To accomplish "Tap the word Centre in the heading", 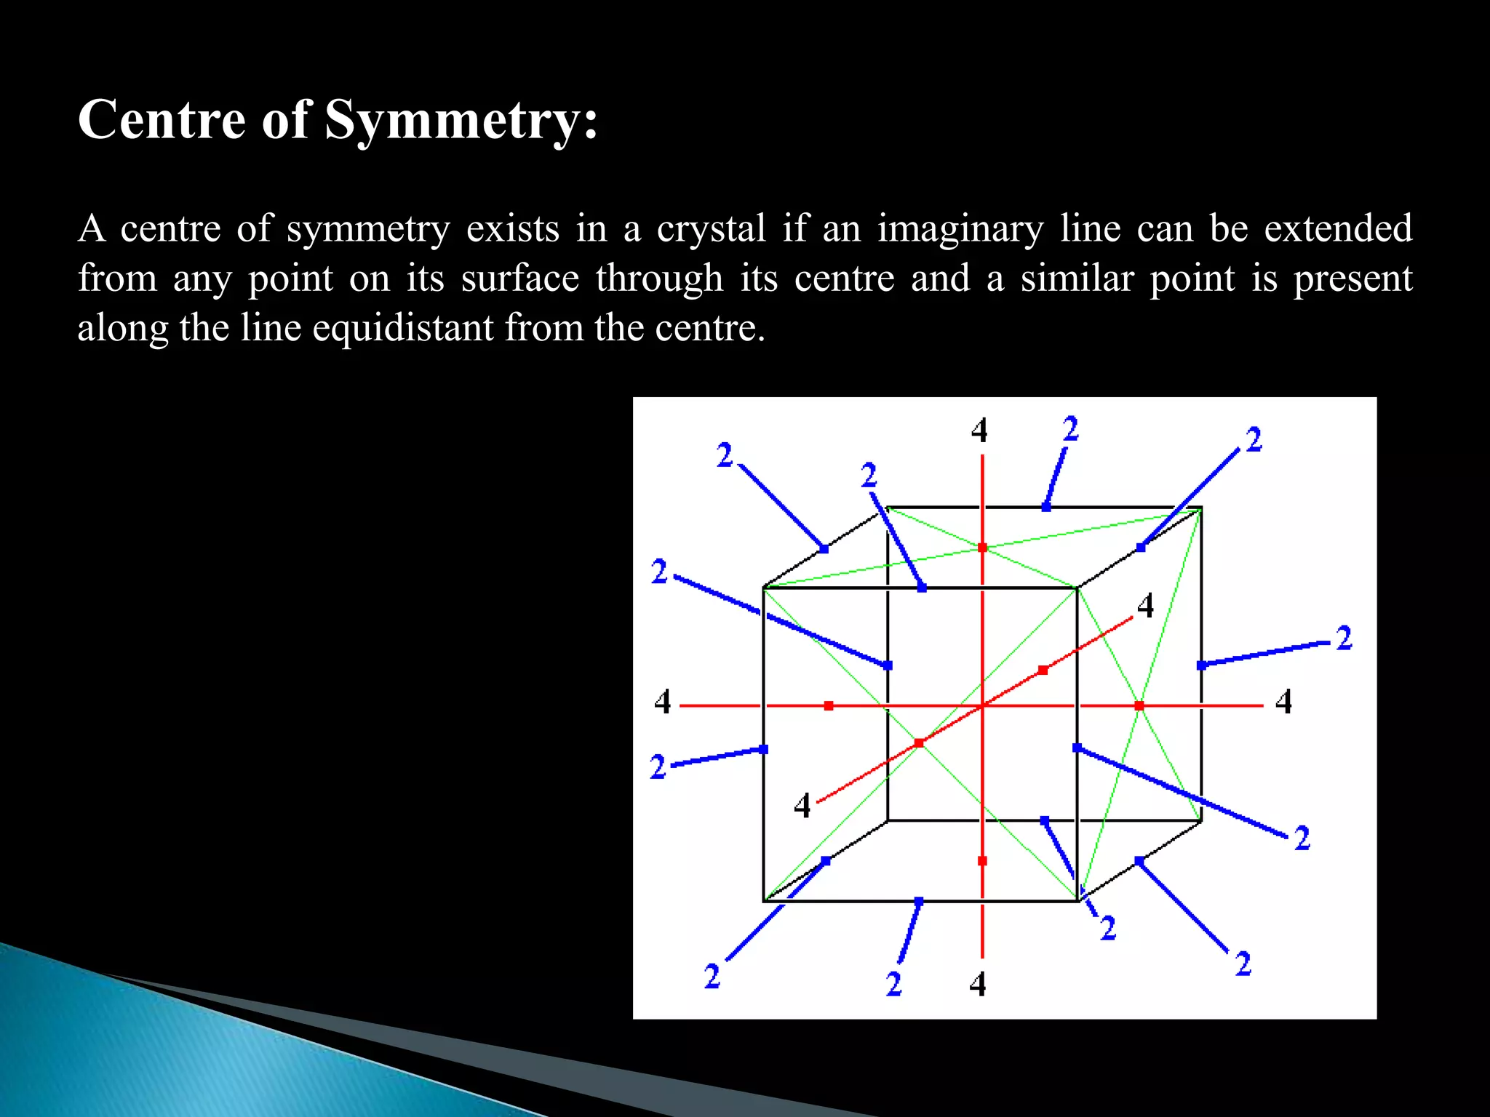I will [x=162, y=119].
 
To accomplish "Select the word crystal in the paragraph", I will [x=712, y=229].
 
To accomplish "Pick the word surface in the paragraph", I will [x=520, y=279].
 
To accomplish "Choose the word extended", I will [x=1338, y=228].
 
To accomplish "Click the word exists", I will [x=512, y=228].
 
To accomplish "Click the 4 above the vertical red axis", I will [x=979, y=431].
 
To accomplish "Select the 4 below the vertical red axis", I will [x=978, y=984].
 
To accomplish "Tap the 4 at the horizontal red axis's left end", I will [x=662, y=702].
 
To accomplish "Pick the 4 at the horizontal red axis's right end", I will [x=1283, y=702].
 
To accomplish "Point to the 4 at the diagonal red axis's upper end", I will [x=1145, y=605].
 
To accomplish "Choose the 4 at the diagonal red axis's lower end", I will [x=802, y=806].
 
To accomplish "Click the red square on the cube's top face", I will [x=982, y=548].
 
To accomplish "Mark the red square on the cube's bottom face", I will [x=982, y=861].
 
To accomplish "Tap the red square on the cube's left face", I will [x=829, y=705].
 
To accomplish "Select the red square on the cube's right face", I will [x=1139, y=705].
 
